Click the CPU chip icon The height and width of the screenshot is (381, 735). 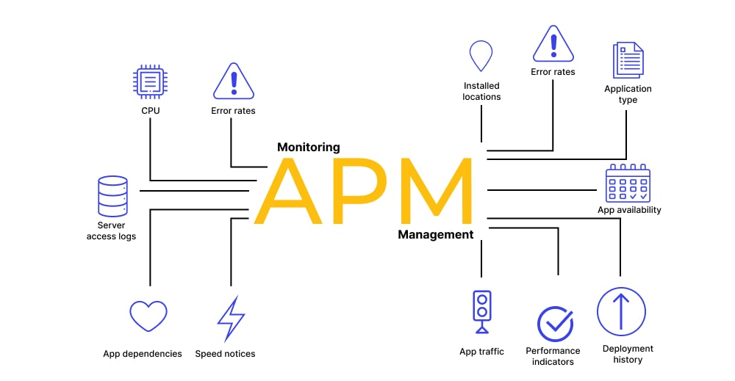coord(150,81)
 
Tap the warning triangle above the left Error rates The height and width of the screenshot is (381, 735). coord(233,82)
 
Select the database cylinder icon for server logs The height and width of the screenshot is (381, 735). coord(112,195)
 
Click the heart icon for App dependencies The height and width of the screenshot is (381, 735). coord(148,316)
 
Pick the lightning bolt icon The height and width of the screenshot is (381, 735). coord(230,319)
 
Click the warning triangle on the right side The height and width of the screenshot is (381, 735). coord(553,44)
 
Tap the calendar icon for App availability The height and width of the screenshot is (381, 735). coord(628,184)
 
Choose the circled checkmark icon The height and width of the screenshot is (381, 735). coord(554,324)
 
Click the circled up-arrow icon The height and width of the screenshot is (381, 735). coord(621,311)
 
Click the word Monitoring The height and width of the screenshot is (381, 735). coord(309,147)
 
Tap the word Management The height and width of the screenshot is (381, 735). coord(436,235)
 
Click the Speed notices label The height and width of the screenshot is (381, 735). coord(225,354)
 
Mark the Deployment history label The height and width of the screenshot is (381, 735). coord(628,354)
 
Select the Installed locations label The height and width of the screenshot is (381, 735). coord(481,91)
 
